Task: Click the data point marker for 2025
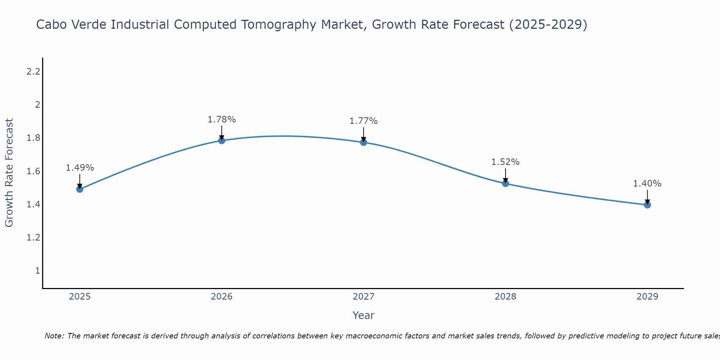80,189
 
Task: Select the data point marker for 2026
222,140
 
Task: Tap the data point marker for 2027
364,142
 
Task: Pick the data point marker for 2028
505,184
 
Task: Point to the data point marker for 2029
647,205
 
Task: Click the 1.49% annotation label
80,168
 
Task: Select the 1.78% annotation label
222,120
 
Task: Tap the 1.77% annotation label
364,121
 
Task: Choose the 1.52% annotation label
505,162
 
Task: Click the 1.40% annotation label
647,184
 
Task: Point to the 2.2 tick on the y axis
33,72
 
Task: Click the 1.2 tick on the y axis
33,238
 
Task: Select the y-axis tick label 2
37,105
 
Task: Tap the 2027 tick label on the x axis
364,297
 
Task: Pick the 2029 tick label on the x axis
647,297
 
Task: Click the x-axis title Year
364,315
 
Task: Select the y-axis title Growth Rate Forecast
9,173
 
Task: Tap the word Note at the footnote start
54,336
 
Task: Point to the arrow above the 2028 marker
505,176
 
